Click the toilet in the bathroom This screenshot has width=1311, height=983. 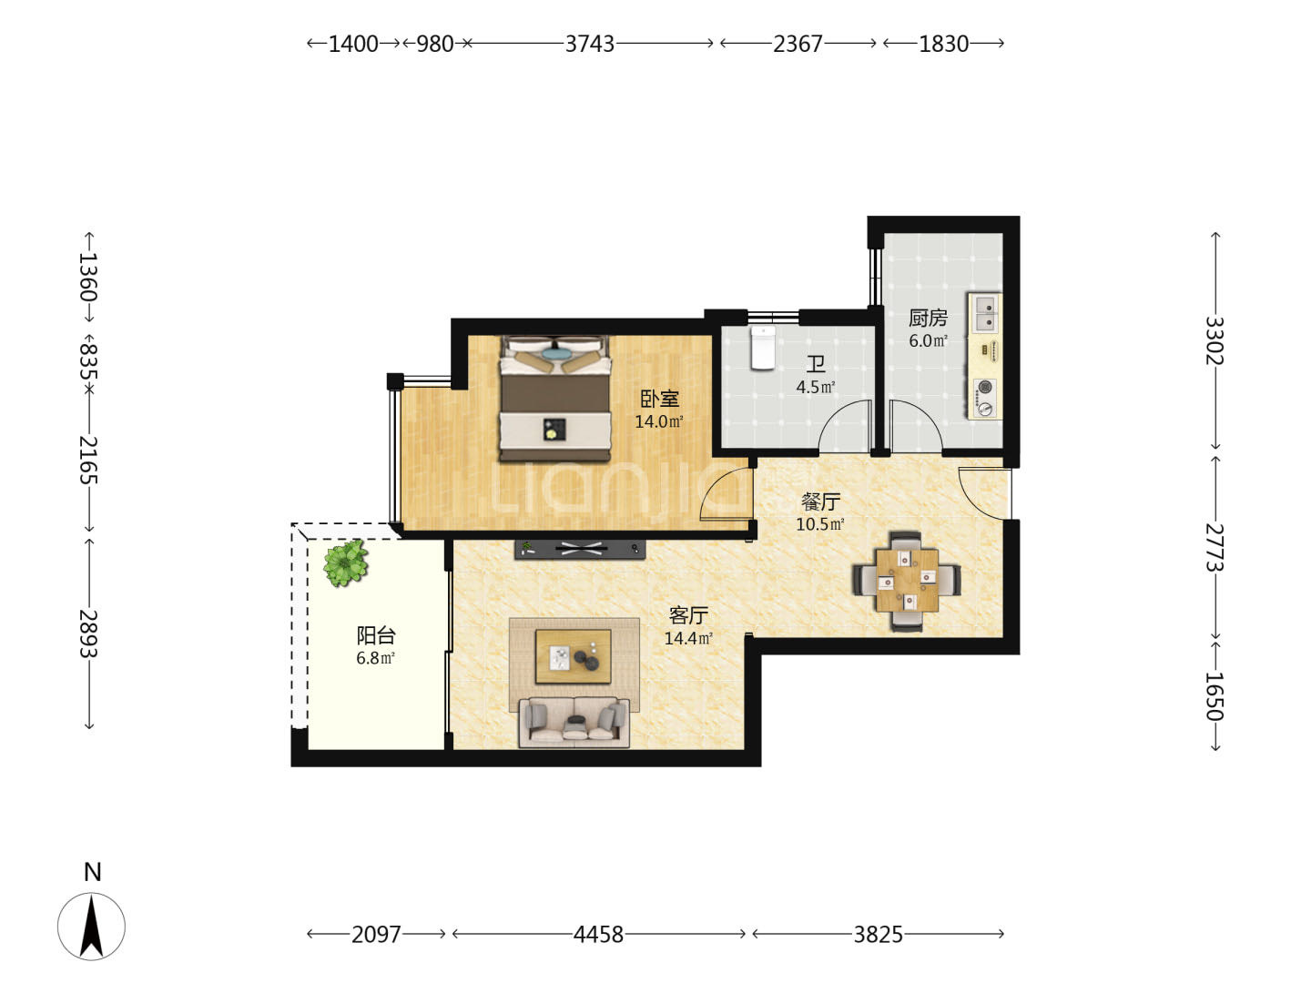point(763,348)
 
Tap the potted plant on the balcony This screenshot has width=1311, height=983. point(345,562)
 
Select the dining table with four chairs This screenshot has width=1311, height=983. point(907,580)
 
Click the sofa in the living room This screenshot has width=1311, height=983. point(574,721)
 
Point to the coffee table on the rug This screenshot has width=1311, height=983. point(573,656)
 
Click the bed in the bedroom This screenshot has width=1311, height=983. point(556,398)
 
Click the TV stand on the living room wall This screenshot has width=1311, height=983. point(580,549)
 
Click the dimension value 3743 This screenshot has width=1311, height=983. point(590,44)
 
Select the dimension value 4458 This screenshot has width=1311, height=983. point(598,934)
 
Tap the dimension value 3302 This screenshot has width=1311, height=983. point(1214,340)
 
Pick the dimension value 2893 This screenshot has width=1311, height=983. point(88,633)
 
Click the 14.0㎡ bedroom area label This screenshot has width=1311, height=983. point(659,422)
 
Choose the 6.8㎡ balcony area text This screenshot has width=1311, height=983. point(375,658)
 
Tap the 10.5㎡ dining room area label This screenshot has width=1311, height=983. point(820,524)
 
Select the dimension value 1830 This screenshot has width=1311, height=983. point(943,44)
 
